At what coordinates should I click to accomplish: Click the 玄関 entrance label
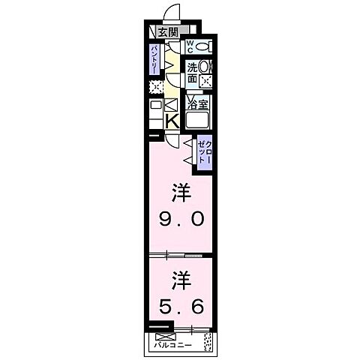tap(169, 31)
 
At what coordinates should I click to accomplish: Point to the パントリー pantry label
tap(153, 58)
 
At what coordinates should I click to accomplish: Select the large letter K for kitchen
tap(171, 120)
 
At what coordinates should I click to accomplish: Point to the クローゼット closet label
tap(205, 152)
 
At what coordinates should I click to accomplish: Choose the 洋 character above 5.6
tap(180, 280)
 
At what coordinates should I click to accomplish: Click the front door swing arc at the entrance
tap(172, 13)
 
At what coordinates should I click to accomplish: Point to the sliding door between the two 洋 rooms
tap(180, 255)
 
